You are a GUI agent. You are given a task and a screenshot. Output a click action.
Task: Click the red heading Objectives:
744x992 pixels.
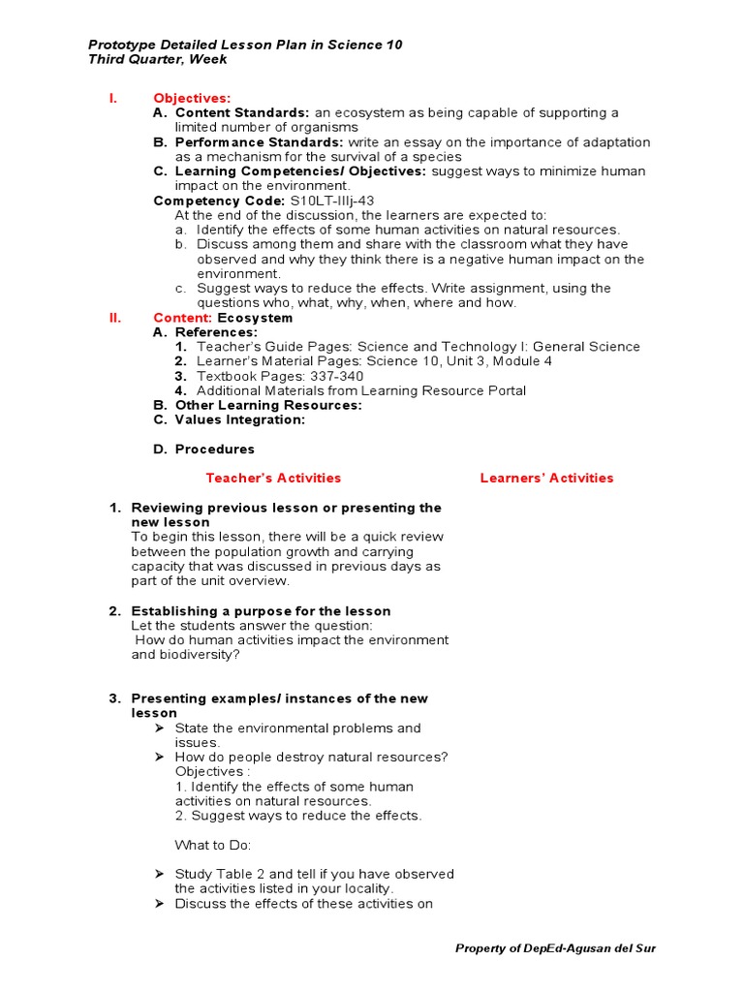(192, 98)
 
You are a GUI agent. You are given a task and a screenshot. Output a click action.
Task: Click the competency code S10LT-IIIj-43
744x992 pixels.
(332, 201)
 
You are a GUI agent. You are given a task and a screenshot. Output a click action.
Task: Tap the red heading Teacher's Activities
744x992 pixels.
(273, 478)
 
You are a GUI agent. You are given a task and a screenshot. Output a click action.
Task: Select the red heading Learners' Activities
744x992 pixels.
(546, 478)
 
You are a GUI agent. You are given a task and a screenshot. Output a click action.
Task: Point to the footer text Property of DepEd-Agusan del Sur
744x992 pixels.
(555, 948)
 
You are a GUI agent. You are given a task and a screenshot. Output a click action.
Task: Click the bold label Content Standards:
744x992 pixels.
(242, 112)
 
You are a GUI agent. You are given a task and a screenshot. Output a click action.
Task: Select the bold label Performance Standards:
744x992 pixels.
(259, 142)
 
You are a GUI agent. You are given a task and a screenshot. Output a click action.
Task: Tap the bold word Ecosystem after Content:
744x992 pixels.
(255, 318)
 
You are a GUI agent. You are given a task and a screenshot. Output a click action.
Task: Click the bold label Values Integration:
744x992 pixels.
(240, 419)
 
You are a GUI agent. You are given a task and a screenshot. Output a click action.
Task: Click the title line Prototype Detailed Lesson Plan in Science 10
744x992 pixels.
(245, 45)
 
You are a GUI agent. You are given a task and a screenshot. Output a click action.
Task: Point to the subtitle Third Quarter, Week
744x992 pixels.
(158, 59)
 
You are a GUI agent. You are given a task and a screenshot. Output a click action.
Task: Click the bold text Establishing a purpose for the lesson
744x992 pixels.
(261, 611)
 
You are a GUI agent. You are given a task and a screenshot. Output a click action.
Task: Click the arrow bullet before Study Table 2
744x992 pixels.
(160, 874)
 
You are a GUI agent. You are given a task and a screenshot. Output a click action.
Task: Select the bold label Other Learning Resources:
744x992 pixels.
(268, 405)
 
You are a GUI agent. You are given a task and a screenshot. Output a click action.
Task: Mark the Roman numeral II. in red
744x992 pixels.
(114, 318)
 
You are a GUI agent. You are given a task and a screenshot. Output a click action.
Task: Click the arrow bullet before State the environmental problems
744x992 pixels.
(160, 728)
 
